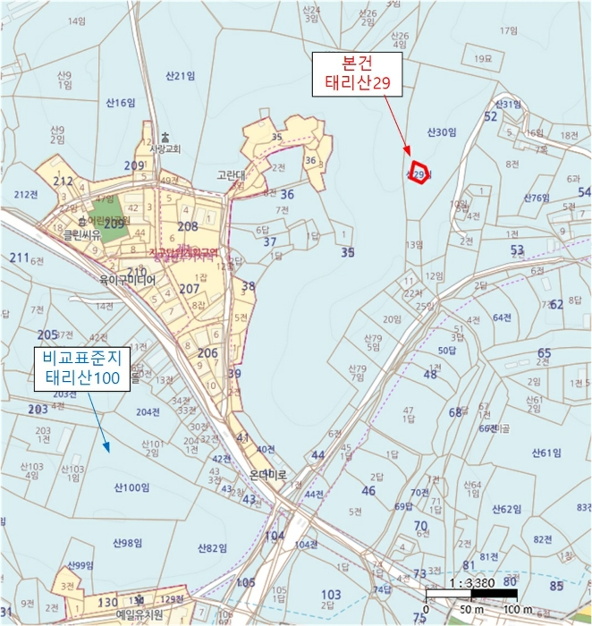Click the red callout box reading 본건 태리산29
coord(356,75)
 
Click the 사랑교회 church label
coord(165,148)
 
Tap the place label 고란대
coord(230,176)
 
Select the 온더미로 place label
coord(266,476)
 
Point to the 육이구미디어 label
coord(128,280)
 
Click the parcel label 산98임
coord(128,543)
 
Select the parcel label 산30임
coord(443,131)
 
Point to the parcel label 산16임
coord(120,103)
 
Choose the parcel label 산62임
coord(507,509)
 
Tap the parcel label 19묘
coord(485,58)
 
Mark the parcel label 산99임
coord(80,565)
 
